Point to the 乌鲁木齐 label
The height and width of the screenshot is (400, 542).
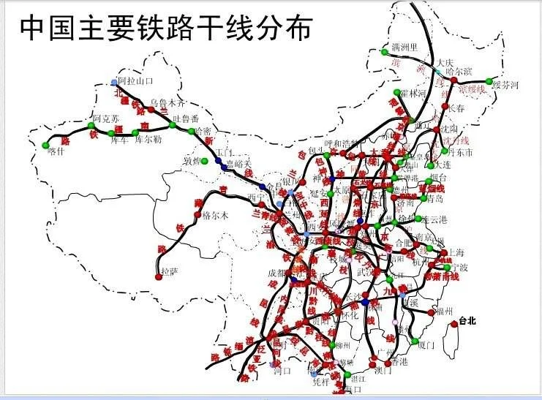coord(168,102)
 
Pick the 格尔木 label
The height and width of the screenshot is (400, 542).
coord(217,215)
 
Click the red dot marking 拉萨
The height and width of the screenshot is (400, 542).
coord(159,276)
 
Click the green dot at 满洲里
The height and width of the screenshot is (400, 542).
coord(385,52)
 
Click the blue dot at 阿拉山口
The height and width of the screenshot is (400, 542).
coord(113,82)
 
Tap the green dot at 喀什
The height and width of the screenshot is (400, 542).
coord(50,142)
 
